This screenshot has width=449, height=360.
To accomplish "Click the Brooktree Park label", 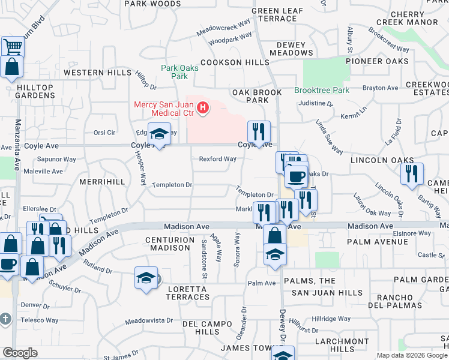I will click(322, 91).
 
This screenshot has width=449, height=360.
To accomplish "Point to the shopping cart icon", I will click(12, 46).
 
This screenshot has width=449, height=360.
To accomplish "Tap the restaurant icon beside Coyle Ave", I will click(259, 131).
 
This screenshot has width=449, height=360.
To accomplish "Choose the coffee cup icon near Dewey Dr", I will click(295, 175).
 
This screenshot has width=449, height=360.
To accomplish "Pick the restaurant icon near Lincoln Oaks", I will click(412, 173).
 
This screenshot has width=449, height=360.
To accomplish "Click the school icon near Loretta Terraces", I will click(146, 277).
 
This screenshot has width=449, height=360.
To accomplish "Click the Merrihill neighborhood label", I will click(102, 181).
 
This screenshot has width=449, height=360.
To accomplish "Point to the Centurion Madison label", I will click(169, 244).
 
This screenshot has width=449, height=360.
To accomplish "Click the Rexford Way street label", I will click(218, 159).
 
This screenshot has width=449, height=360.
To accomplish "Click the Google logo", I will click(20, 353).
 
